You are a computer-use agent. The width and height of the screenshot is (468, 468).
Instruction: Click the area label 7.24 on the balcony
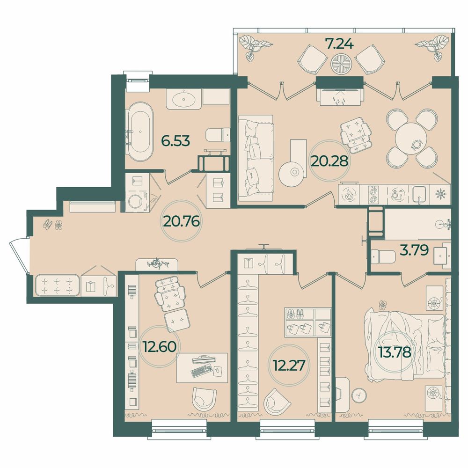(339, 44)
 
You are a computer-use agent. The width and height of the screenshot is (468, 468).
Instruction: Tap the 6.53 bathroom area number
(175, 140)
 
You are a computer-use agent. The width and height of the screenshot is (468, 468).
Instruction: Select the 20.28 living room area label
(329, 161)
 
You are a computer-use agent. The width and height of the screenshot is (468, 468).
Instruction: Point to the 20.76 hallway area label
(182, 221)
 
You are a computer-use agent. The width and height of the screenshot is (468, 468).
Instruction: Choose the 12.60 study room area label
(160, 346)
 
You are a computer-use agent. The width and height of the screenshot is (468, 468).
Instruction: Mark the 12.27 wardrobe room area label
(289, 365)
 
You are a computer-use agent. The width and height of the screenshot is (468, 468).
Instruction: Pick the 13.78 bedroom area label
(395, 352)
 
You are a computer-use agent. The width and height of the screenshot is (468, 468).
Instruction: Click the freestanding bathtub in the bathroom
(139, 132)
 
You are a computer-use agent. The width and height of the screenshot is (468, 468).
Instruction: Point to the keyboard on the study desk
(201, 370)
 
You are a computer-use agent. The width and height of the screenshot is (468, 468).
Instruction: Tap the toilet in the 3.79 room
(383, 256)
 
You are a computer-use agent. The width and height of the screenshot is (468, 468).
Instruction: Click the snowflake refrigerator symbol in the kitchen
(440, 194)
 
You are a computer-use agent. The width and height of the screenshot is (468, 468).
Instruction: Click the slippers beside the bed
(383, 305)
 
